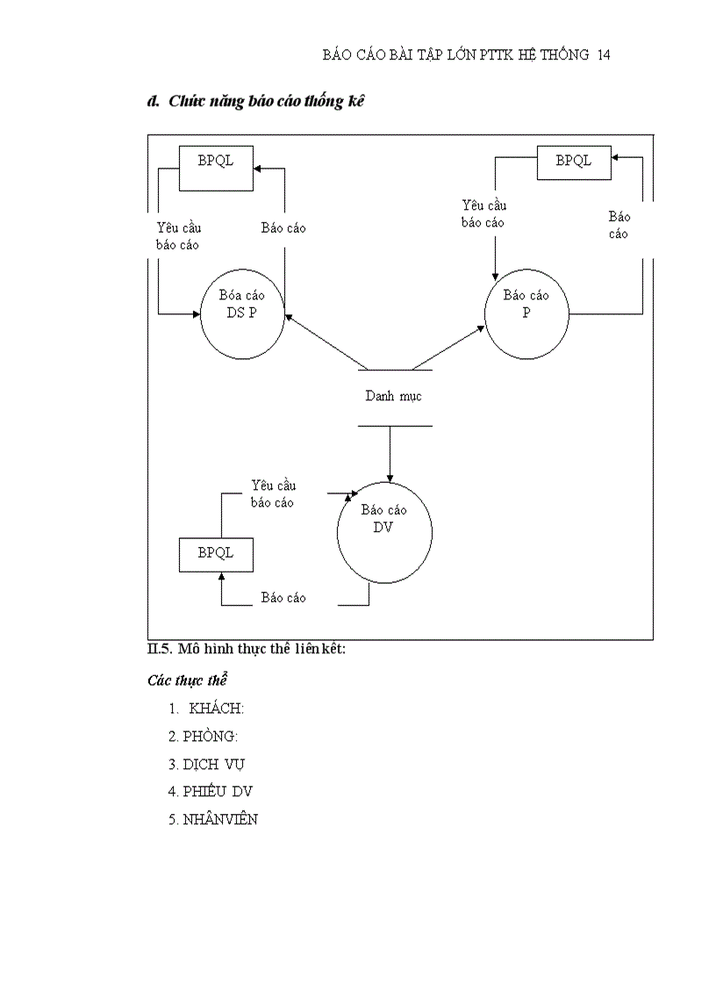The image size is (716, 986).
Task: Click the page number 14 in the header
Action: point(603,54)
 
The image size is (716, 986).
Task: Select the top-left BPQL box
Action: point(216,168)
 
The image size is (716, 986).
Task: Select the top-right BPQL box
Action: point(574,162)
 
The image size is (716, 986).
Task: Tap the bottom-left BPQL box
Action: point(216,553)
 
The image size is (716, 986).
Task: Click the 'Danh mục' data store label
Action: point(393,396)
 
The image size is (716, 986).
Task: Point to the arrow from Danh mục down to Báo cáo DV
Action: point(388,453)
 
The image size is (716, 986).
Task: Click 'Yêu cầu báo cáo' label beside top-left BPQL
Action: point(178,236)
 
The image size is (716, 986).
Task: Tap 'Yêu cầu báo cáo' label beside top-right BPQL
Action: point(483,214)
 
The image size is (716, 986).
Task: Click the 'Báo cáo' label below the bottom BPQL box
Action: point(283,598)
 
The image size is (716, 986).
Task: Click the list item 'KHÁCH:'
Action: point(216,709)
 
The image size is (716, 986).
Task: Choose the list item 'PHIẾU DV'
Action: point(218,791)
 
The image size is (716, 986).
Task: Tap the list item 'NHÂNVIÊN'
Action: point(220,819)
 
